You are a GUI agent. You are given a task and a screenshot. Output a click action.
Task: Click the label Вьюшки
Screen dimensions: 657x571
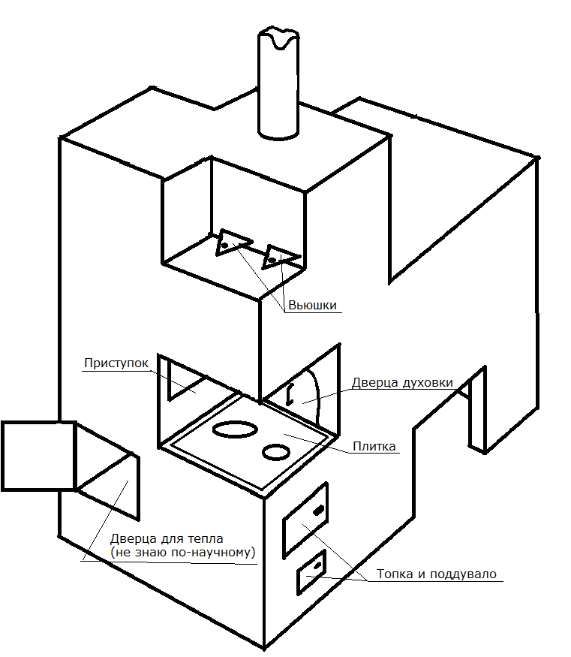click(x=312, y=306)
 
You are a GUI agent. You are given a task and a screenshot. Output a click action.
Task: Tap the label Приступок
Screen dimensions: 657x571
click(x=116, y=363)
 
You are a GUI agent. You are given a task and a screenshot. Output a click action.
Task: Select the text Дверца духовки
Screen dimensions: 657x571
click(x=401, y=383)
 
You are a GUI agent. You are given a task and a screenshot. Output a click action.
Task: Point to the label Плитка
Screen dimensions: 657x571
click(x=374, y=447)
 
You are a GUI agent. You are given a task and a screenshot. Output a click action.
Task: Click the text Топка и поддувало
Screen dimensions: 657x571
click(x=436, y=574)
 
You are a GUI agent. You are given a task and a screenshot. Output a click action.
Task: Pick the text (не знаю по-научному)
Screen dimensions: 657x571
click(x=182, y=553)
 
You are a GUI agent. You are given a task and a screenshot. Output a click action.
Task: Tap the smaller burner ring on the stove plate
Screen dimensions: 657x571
click(x=276, y=451)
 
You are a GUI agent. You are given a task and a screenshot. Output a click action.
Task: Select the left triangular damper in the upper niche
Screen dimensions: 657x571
click(x=231, y=243)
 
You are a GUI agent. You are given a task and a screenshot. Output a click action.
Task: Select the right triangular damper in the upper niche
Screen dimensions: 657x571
click(x=279, y=257)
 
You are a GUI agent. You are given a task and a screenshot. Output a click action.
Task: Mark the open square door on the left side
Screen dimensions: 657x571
click(x=39, y=455)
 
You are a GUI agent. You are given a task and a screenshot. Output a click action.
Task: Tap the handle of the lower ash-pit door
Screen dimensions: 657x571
click(x=318, y=565)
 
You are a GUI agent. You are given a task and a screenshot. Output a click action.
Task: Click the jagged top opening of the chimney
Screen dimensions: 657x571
click(x=278, y=38)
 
